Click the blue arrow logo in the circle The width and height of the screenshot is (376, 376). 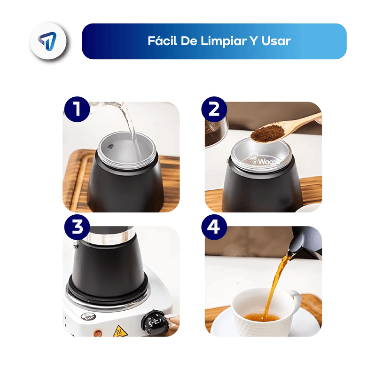click(47, 41)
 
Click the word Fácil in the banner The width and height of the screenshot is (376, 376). click(162, 40)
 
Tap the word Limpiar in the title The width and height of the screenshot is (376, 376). click(224, 41)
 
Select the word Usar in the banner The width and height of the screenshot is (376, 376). click(276, 41)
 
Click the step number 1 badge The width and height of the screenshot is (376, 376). click(77, 110)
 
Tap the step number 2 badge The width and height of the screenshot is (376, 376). click(214, 110)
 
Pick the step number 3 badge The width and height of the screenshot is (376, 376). click(77, 227)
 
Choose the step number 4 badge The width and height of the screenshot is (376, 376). click(214, 227)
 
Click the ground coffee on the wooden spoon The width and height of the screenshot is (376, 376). click(268, 133)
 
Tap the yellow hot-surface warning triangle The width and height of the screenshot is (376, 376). click(120, 331)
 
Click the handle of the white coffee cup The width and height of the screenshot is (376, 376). click(296, 300)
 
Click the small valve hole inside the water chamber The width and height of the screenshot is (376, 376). click(110, 146)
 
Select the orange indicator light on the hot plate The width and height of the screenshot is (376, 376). click(98, 333)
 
